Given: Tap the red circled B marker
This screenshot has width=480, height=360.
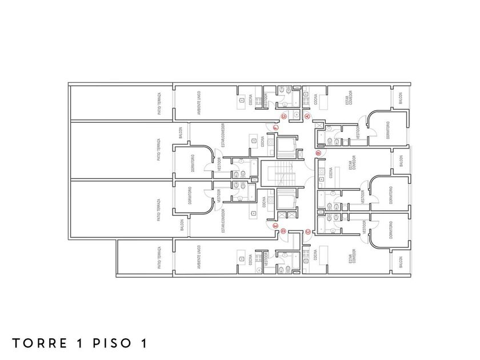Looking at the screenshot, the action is click(319, 153).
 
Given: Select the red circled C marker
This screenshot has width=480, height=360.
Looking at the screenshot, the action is click(307, 231).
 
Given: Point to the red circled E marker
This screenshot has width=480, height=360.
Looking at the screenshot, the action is click(275, 227).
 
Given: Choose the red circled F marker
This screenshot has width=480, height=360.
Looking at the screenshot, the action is click(275, 128).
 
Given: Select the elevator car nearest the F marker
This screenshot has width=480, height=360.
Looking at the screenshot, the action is click(285, 147).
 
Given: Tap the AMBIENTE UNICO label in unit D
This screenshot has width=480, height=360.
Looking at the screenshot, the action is click(198, 258).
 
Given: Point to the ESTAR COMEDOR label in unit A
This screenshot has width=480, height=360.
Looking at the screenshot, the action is click(350, 98).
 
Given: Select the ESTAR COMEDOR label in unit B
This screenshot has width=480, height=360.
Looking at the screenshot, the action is click(353, 162).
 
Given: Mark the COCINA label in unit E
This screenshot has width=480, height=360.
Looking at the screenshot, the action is click(263, 202).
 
